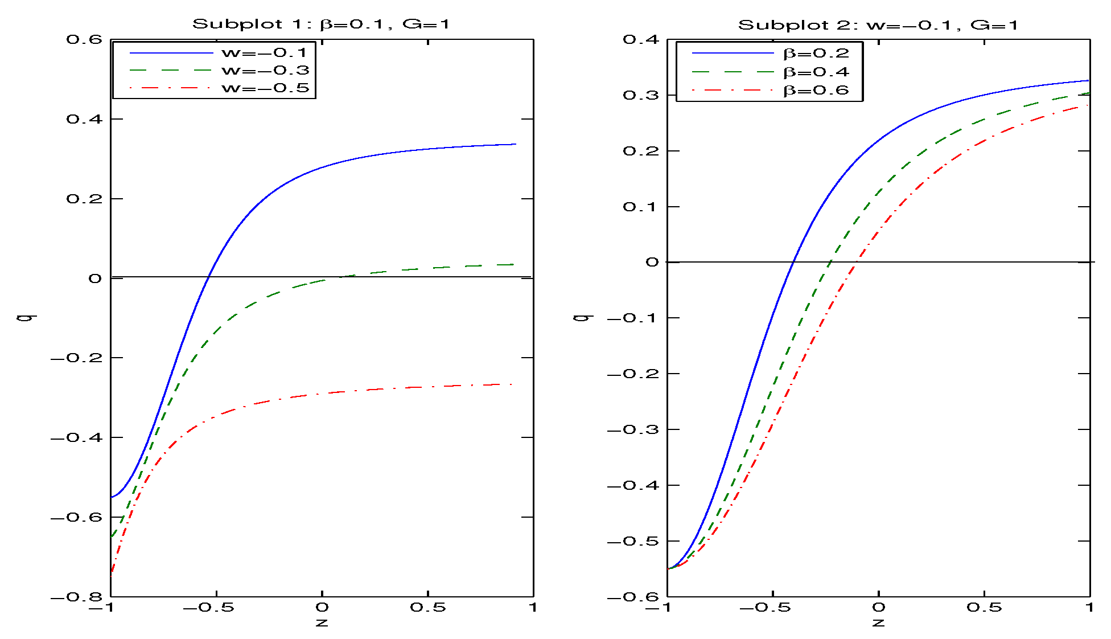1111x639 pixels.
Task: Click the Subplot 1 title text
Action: coord(321,24)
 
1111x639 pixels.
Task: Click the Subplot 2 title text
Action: coord(878,25)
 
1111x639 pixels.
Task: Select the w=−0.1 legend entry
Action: coord(264,53)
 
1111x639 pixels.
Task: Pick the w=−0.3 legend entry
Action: coord(264,71)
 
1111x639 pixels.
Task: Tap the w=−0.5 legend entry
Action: coord(264,88)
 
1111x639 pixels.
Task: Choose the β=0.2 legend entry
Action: coord(816,54)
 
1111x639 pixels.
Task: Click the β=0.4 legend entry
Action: coord(816,72)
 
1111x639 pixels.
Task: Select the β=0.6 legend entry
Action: coord(816,91)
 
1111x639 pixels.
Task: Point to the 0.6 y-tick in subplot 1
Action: coord(84,39)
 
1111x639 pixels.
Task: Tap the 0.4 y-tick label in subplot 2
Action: coord(641,39)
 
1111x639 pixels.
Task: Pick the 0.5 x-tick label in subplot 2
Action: coord(984,608)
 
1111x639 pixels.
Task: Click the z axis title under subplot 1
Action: coord(322,622)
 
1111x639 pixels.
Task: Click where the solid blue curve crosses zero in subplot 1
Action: coord(209,277)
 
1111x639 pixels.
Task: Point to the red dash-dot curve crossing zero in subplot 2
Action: coord(857,262)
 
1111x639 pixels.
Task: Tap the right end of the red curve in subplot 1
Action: coord(514,384)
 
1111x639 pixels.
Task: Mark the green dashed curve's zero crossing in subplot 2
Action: coord(830,262)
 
